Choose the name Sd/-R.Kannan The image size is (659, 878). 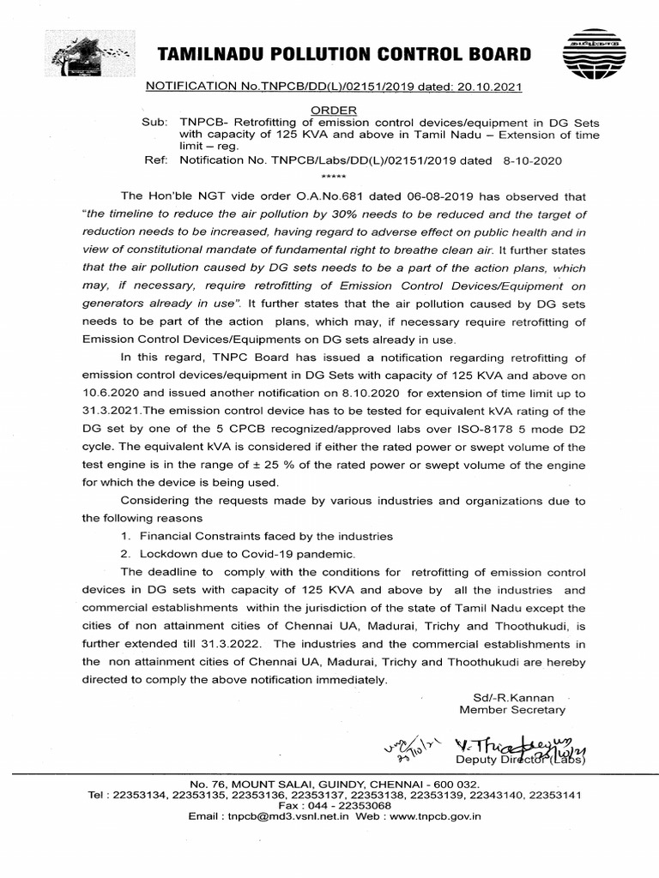tap(513, 697)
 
